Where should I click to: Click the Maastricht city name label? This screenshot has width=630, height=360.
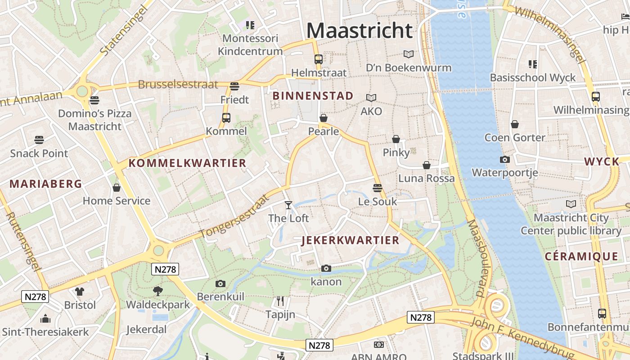click(359, 31)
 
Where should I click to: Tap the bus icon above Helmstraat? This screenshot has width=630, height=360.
click(318, 59)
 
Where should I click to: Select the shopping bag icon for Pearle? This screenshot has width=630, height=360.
click(323, 118)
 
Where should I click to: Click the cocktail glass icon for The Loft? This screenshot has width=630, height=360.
click(288, 205)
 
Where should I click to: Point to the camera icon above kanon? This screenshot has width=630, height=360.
click(326, 269)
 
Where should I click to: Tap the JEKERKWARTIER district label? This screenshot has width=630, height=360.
click(350, 240)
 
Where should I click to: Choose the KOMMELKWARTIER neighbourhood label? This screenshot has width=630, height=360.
click(188, 163)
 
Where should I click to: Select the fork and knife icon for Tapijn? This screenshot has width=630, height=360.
click(280, 301)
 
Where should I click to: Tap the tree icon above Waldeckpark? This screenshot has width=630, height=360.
click(157, 291)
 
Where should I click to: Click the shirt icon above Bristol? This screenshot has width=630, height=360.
click(80, 292)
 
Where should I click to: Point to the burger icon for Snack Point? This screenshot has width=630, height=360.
click(39, 140)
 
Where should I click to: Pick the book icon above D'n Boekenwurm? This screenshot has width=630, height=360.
click(408, 54)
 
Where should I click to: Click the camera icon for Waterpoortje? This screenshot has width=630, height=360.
click(504, 159)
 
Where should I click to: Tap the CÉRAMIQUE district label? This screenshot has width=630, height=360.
click(581, 256)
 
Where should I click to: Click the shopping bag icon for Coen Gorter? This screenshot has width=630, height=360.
click(514, 124)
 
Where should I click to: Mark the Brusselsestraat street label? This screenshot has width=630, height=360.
click(178, 84)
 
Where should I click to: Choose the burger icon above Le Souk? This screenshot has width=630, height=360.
click(377, 188)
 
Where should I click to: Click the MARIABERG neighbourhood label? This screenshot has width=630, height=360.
click(46, 184)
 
